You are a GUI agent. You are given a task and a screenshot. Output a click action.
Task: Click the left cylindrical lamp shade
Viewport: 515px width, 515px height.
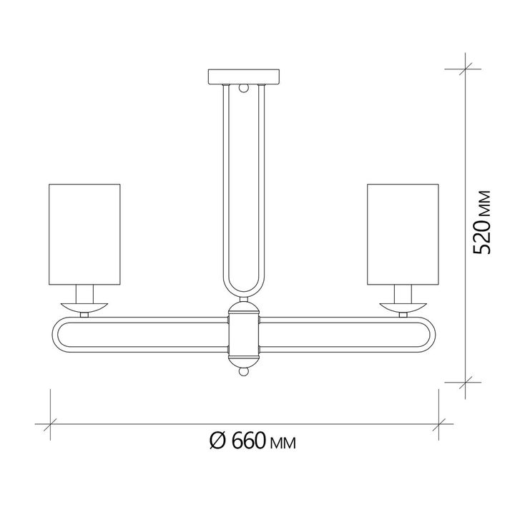pos(84,234)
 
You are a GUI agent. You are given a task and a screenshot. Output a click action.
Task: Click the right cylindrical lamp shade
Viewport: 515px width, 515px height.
pos(402,234)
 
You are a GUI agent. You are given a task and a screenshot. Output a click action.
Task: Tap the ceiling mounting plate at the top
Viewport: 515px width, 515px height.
pos(244,76)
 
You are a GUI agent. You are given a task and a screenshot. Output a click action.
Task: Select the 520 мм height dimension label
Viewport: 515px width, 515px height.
pos(484,222)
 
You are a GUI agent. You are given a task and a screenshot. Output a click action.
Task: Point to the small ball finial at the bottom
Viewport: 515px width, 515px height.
pos(243,373)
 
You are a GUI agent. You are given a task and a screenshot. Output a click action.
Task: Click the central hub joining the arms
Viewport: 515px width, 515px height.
pos(243,335)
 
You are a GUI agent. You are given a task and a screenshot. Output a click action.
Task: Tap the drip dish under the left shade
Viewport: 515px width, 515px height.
pos(84,307)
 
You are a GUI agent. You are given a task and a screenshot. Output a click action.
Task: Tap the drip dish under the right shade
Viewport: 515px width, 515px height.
pos(402,307)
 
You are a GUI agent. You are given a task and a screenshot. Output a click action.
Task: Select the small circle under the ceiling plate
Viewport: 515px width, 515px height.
pos(244,89)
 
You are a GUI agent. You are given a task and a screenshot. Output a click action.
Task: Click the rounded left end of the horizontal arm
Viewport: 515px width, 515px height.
pos(57,335)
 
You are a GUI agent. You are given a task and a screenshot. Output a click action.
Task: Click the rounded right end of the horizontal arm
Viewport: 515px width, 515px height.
pos(430,335)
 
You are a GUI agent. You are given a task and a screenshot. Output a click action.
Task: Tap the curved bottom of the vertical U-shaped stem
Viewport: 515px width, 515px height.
pos(243,293)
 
